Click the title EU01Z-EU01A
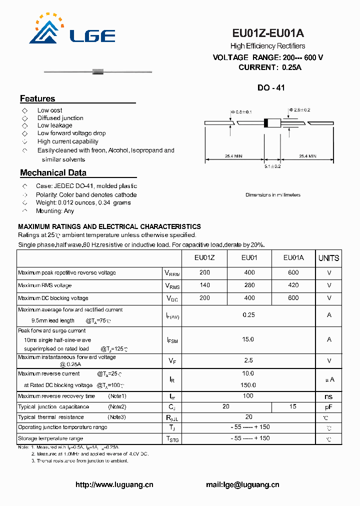267,33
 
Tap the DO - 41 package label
270,87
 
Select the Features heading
37,98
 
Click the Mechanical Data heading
53,173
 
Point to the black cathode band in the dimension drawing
266,123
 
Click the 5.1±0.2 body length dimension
272,166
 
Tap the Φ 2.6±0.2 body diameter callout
300,109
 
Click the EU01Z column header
204,258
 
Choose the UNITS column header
328,258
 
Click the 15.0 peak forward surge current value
248,339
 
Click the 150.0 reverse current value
248,385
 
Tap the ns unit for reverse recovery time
328,396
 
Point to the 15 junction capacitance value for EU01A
293,407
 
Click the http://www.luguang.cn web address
114,484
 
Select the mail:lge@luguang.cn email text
242,484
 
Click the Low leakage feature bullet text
54,125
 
